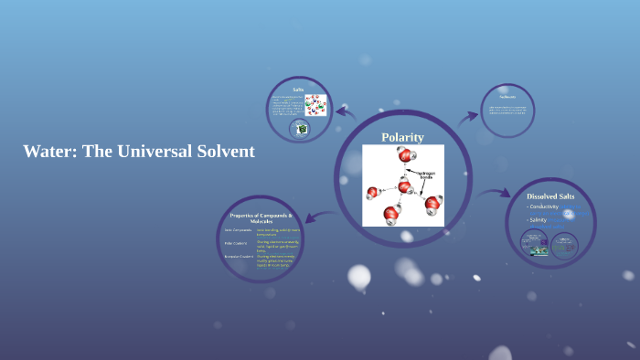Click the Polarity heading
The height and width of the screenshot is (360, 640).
(x=402, y=137)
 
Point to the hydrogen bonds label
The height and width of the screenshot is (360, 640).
(x=426, y=174)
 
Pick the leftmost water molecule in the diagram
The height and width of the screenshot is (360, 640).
(x=373, y=192)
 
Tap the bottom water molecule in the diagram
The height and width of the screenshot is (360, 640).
(x=391, y=215)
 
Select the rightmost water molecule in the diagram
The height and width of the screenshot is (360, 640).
(x=432, y=203)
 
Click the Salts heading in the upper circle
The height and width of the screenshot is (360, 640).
(x=298, y=89)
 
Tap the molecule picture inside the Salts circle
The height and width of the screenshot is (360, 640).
(x=315, y=106)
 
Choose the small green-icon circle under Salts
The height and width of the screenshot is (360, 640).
(x=302, y=130)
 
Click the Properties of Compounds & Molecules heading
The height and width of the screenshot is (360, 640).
(x=261, y=217)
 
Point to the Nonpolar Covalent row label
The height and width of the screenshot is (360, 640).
(x=239, y=257)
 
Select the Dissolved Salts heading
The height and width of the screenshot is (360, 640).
(x=551, y=196)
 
